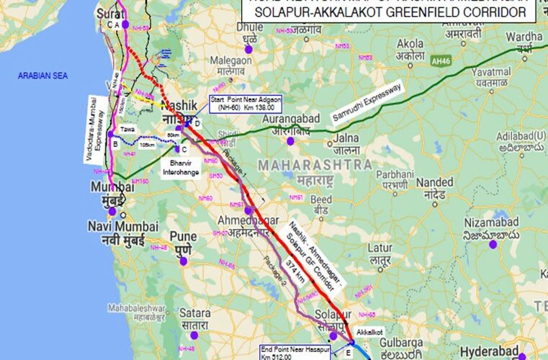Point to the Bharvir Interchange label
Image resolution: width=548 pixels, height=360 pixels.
click(179, 168)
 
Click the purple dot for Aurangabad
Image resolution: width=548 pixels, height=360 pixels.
click(289, 141)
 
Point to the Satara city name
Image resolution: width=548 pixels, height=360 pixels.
click(195, 313)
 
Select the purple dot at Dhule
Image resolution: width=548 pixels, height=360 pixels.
click(248, 49)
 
